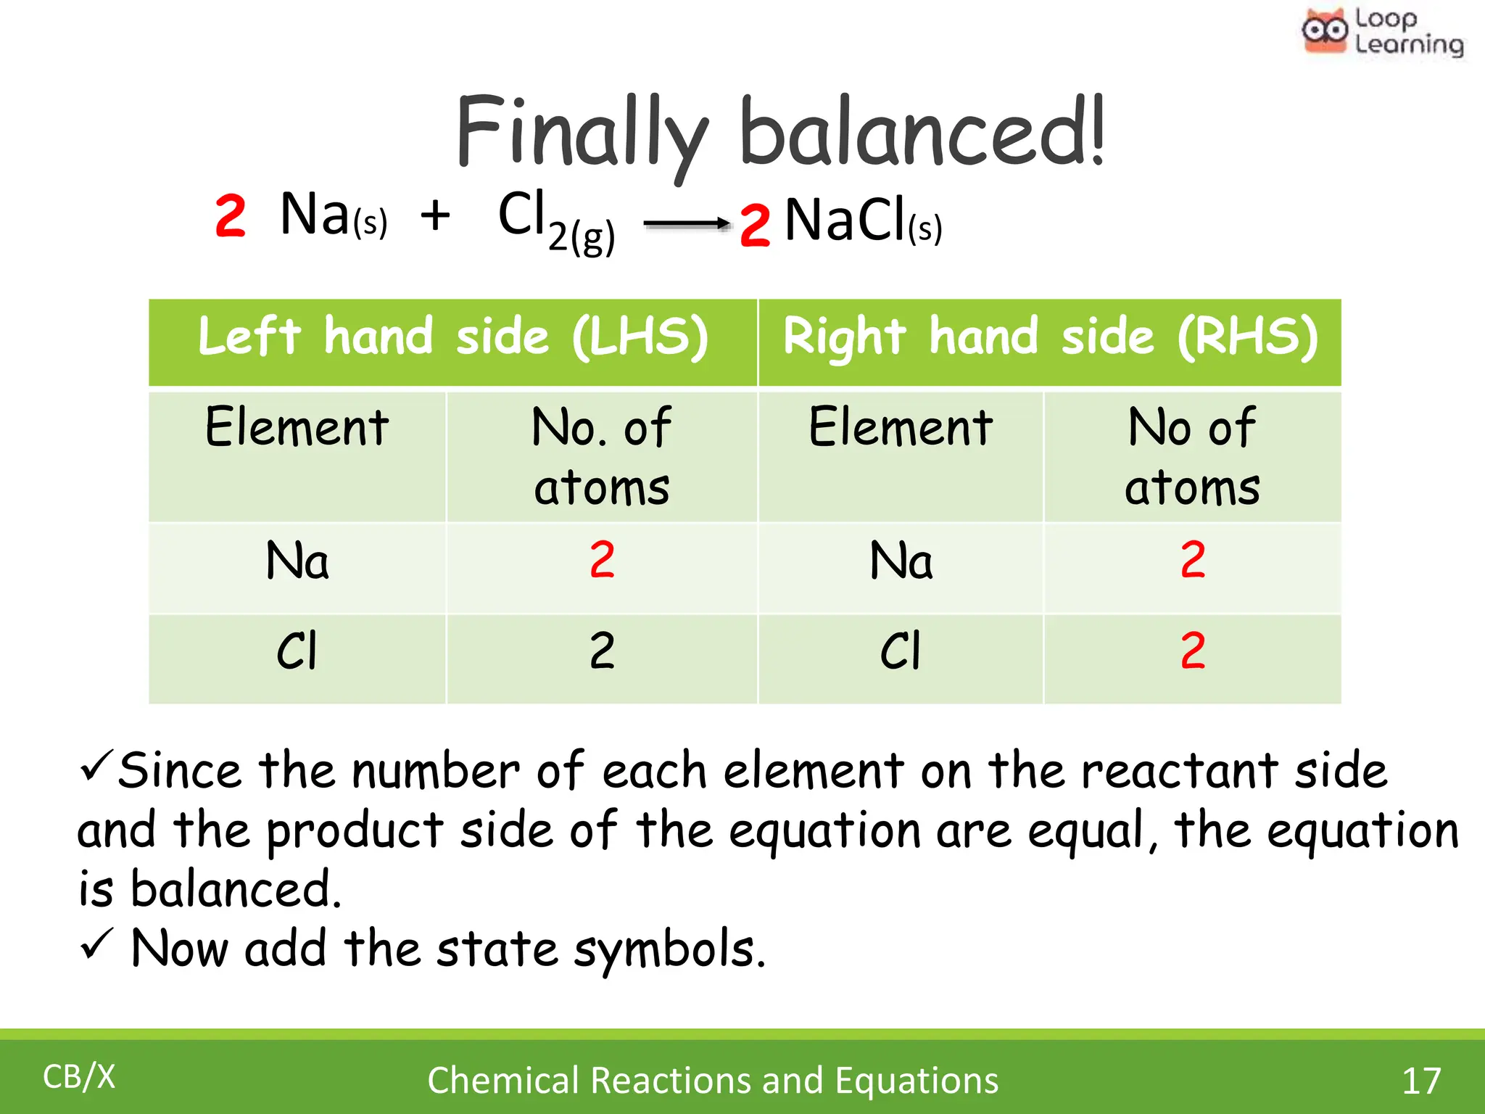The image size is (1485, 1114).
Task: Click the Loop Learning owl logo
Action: click(1324, 30)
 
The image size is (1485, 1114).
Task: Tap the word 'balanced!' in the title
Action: click(922, 134)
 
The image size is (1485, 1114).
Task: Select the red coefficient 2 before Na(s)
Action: click(231, 216)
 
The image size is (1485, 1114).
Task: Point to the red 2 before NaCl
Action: click(754, 225)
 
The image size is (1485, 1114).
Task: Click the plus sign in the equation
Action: click(435, 215)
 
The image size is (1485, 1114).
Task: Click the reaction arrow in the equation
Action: click(687, 223)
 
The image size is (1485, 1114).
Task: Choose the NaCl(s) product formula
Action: click(863, 220)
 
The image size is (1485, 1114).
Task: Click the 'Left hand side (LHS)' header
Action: click(453, 337)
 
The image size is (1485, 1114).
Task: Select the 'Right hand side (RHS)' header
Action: click(1050, 337)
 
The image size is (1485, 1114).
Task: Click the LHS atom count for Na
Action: click(602, 560)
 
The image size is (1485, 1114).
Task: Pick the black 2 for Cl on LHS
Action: click(602, 651)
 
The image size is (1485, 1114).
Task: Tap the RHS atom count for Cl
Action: click(1193, 651)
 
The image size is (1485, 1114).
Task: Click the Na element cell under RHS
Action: click(901, 561)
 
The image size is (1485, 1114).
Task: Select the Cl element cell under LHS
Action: click(297, 651)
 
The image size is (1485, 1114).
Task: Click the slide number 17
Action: click(1421, 1081)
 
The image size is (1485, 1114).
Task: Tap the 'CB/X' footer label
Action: click(79, 1077)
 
